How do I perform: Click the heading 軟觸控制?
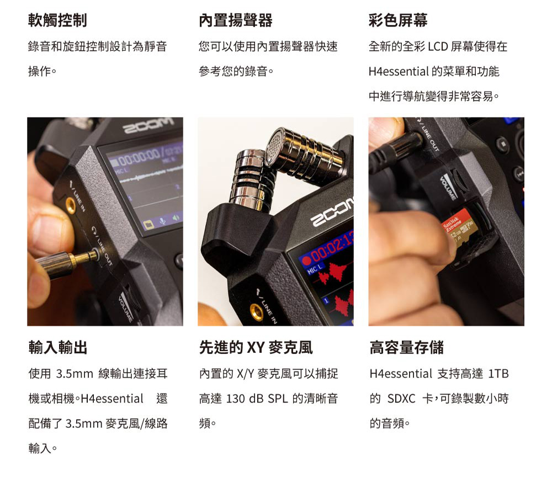[57, 20]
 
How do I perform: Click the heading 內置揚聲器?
[235, 20]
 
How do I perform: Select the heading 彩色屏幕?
[398, 20]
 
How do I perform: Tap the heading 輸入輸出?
[58, 347]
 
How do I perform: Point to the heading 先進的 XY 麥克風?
[256, 347]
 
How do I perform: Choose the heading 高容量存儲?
[406, 347]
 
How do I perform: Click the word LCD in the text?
[438, 46]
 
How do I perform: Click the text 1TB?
[498, 374]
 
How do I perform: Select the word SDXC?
[401, 399]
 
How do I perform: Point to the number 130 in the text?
[235, 399]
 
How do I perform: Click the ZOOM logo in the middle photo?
[332, 212]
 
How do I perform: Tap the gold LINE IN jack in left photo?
[71, 205]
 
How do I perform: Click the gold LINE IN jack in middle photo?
[256, 311]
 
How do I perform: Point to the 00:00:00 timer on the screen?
[140, 157]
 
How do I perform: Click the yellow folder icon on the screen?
[148, 224]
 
